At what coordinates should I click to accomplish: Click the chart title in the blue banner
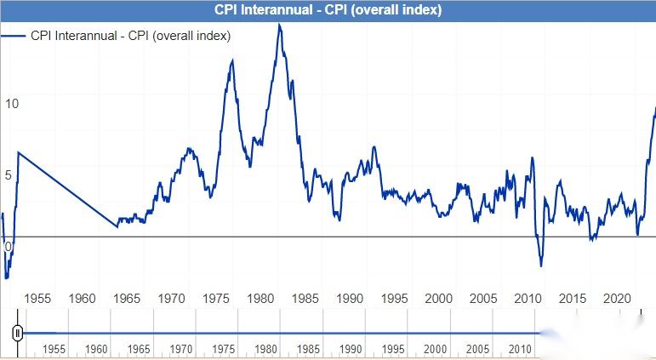pos(328,10)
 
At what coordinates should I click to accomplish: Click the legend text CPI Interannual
pos(131,36)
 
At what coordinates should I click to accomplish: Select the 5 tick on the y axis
pos(9,175)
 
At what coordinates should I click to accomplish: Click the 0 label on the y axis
pos(9,247)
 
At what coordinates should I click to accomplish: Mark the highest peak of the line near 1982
pos(279,25)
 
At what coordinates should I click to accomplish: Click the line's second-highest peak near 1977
pos(232,60)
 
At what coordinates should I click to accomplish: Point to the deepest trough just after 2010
pos(541,266)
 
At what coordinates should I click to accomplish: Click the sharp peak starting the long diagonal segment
pos(19,152)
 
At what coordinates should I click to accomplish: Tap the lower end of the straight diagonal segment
pos(117,226)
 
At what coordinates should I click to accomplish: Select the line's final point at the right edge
pos(654,108)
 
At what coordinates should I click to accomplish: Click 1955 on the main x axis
pos(37,299)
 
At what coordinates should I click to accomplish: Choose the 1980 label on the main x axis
pos(260,299)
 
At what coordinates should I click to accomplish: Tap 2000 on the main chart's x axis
pos(439,299)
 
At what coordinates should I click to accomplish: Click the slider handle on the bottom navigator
pos(16,333)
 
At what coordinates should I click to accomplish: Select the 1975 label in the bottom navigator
pos(224,350)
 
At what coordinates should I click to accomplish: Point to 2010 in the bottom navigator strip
pos(521,350)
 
